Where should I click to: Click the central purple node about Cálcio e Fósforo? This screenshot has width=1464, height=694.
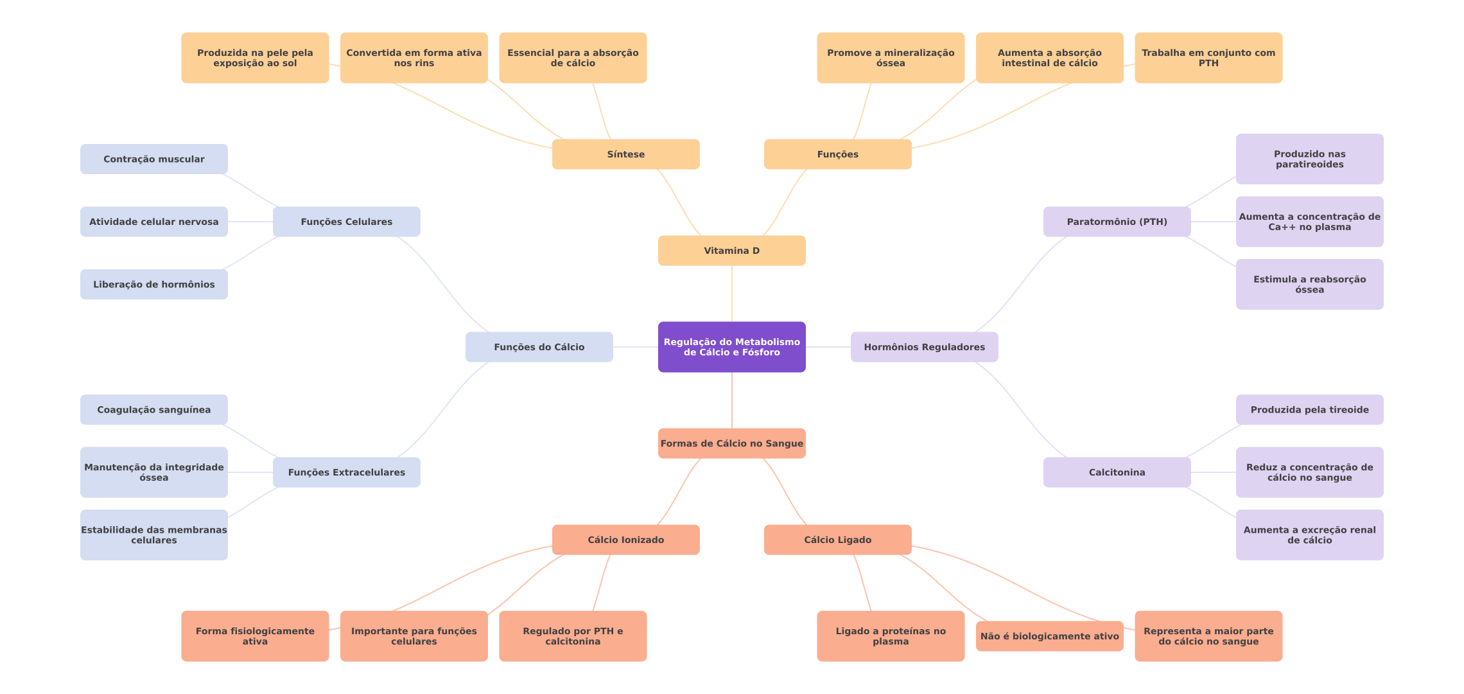point(731,347)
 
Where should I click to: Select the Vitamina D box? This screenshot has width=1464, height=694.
point(731,251)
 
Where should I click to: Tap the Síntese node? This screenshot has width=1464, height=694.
point(625,154)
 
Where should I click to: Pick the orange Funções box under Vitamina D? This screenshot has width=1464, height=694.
point(837,154)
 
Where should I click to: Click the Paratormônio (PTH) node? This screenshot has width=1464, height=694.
point(1117,222)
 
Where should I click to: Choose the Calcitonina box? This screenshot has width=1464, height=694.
point(1117,472)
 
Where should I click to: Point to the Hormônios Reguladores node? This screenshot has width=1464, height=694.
point(924,347)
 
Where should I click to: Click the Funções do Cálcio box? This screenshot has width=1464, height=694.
point(539,347)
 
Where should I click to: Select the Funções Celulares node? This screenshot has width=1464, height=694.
point(346,222)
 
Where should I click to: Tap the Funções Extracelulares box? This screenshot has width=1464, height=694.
point(346,472)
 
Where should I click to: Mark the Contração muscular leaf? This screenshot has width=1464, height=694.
point(153,159)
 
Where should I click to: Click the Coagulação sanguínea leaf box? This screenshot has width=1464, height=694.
point(153,409)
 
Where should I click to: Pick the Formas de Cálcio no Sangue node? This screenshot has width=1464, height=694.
point(731,443)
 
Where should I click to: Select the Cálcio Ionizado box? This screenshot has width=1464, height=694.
point(625,540)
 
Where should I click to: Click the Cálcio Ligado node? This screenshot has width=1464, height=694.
point(837,540)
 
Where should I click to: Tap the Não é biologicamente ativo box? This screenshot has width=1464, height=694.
point(1049,636)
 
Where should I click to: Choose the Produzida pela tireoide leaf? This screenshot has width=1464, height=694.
point(1309,409)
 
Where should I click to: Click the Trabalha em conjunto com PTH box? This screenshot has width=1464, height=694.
point(1208,58)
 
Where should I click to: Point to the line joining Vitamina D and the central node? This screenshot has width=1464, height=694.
point(732,294)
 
